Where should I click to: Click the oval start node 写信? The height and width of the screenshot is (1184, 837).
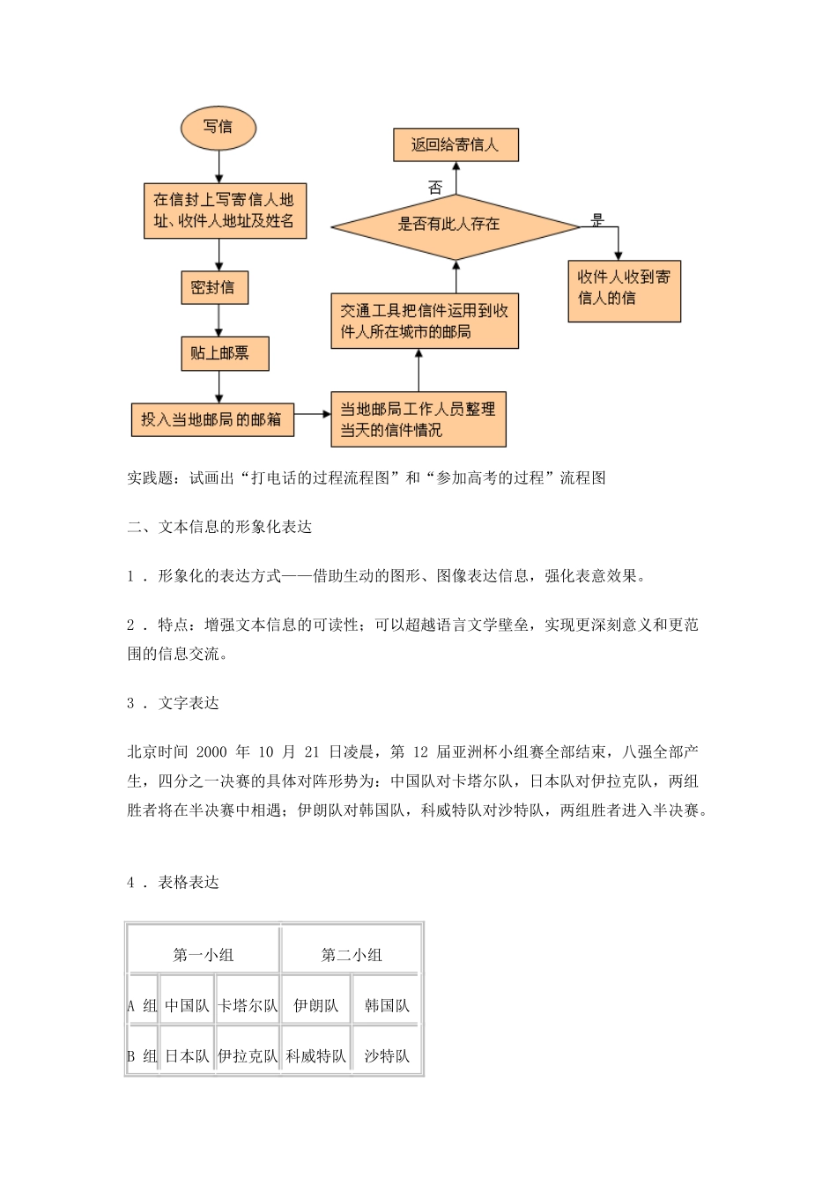point(218,128)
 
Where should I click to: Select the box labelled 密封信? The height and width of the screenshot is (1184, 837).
point(212,288)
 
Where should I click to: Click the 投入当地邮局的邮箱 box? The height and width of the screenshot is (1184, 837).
point(211,419)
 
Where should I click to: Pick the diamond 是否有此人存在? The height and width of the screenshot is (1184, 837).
point(455,226)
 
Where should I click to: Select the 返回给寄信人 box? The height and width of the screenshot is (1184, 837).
point(455,145)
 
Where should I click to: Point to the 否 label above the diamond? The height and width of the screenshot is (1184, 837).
point(435,187)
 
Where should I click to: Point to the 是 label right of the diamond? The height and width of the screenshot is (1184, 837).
point(598,220)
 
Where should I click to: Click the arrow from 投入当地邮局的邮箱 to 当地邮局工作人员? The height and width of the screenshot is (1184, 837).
point(312,411)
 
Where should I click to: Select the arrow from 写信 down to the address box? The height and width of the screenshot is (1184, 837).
point(219,166)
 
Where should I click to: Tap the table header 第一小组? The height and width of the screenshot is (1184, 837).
point(204,954)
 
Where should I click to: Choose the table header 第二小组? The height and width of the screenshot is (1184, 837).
point(352,954)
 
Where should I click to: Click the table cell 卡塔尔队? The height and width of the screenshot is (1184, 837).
point(248,1005)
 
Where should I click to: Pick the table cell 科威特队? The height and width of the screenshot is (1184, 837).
point(316,1055)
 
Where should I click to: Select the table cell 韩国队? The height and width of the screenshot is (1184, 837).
point(387,1005)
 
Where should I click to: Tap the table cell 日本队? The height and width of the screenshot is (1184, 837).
point(187,1055)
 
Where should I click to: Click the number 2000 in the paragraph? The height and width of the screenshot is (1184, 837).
point(211,752)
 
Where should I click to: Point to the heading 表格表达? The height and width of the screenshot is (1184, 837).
point(189,882)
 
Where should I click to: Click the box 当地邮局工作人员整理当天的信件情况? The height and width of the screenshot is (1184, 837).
point(418,419)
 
